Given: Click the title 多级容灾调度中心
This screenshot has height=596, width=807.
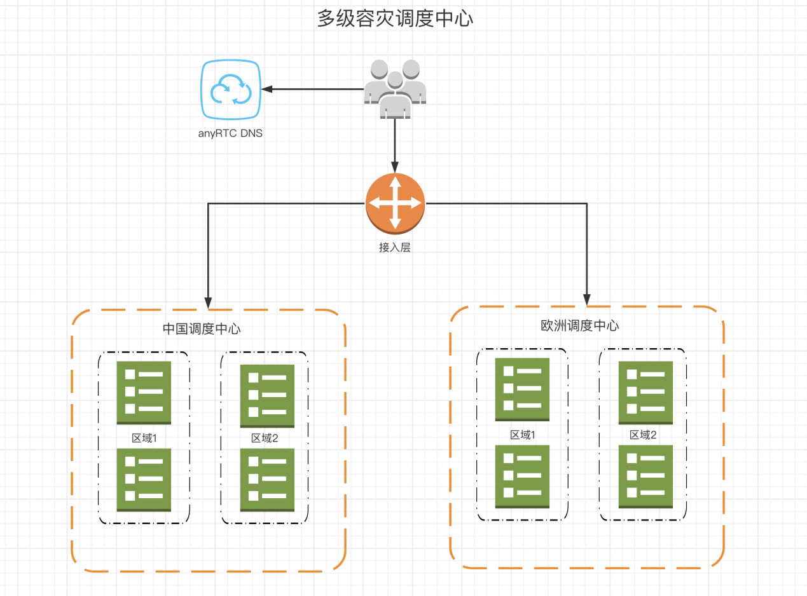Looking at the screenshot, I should click(395, 18).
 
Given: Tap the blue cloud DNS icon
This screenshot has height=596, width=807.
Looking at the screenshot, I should click(230, 90).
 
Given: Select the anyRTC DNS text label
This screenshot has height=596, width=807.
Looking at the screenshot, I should click(230, 134).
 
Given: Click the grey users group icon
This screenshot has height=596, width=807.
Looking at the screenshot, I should click(395, 89).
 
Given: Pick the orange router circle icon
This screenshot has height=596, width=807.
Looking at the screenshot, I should click(395, 203).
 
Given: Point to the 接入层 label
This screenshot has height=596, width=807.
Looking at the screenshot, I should click(395, 248).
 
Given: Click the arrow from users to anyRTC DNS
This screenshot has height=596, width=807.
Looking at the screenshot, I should click(312, 90).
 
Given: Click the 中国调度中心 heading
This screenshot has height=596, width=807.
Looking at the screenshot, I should click(202, 329).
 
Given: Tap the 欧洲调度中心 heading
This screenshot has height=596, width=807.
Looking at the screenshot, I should click(579, 326).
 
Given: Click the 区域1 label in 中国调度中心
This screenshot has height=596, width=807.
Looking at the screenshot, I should click(144, 438).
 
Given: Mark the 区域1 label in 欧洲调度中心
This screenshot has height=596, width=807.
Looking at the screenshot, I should click(523, 435).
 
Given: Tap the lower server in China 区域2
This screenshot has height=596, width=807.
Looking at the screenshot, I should click(267, 480).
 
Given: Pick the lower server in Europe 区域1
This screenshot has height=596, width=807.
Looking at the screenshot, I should click(522, 477).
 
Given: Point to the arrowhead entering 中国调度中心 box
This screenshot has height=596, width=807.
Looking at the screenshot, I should click(208, 301).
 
